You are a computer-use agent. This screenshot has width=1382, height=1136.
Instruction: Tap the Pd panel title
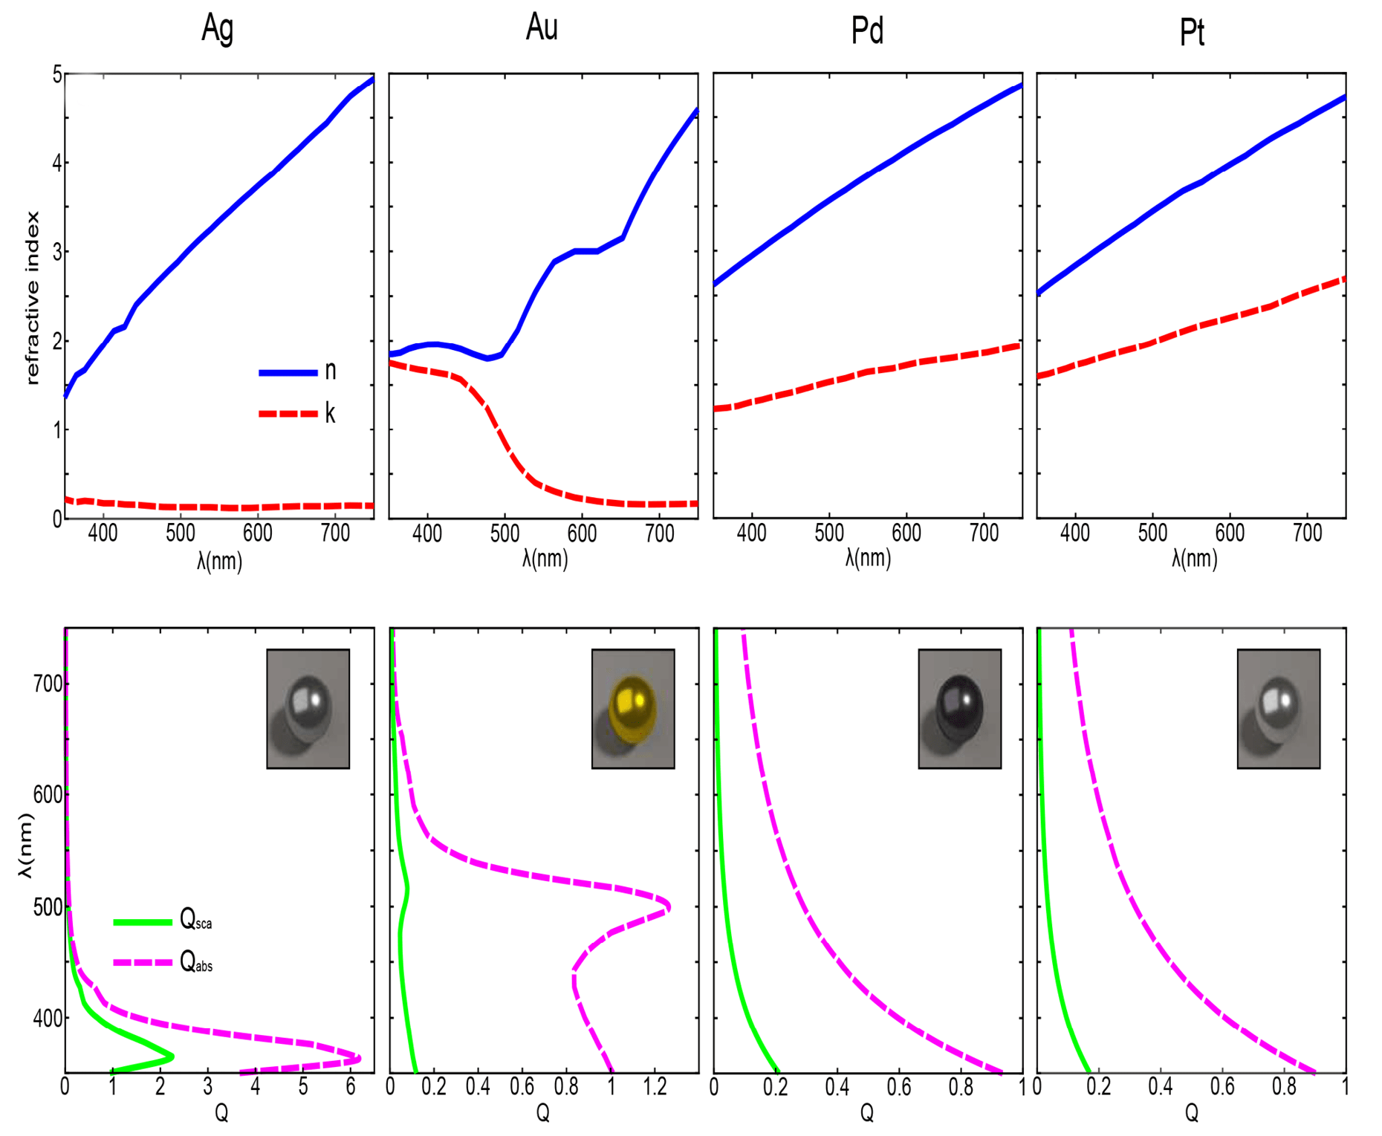[x=867, y=30]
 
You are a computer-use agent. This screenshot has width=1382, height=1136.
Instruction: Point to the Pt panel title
[x=1192, y=33]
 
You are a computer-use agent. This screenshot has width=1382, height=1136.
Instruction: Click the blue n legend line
[x=288, y=372]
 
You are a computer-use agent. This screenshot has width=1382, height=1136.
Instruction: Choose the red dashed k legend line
[x=288, y=413]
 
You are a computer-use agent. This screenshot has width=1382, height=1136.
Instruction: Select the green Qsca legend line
[x=142, y=922]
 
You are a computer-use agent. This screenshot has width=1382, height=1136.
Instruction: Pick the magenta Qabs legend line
[x=142, y=963]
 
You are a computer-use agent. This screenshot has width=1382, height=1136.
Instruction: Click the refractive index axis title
[x=32, y=297]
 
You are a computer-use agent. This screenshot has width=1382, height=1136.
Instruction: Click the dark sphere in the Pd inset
[x=959, y=707]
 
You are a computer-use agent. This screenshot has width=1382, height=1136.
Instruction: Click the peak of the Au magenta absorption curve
[x=669, y=906]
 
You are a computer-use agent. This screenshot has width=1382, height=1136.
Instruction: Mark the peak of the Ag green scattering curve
[x=172, y=1056]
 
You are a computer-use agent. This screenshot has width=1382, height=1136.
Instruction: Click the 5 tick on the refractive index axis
[x=56, y=74]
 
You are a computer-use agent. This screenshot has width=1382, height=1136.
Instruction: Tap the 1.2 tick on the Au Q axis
[x=655, y=1088]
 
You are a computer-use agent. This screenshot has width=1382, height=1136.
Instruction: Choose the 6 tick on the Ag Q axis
[x=351, y=1088]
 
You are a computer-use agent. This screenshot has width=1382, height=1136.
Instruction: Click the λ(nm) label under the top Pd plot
[x=867, y=559]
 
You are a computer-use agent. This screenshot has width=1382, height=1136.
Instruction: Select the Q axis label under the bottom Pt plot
[x=1191, y=1112]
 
